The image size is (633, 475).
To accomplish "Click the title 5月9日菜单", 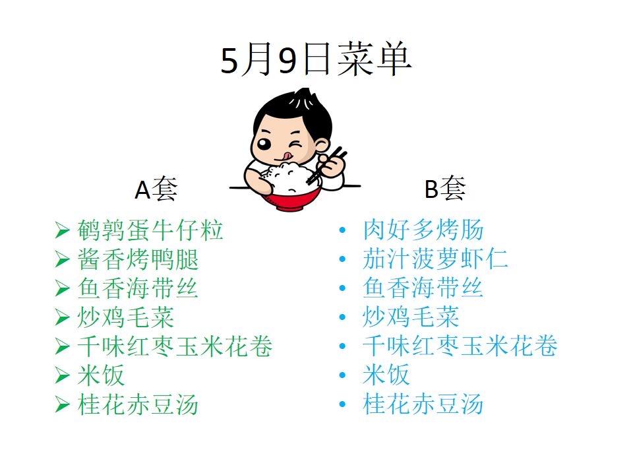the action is (x=316, y=60).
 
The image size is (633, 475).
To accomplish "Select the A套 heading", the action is (x=156, y=189).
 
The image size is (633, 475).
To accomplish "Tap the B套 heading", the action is (x=445, y=188).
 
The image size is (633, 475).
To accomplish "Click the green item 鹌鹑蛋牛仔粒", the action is (x=150, y=230).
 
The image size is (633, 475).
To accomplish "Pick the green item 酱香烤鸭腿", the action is (x=138, y=259).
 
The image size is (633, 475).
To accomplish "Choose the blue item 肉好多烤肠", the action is (x=423, y=230).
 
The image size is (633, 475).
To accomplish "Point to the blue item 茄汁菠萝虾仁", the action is (x=435, y=259).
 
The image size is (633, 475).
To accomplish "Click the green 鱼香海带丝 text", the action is (x=138, y=288).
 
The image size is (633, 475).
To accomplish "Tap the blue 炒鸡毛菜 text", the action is (x=411, y=317).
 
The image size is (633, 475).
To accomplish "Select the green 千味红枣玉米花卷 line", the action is (x=175, y=346).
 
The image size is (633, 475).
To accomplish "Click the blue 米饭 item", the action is (x=386, y=375).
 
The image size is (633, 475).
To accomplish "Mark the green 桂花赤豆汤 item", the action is (x=138, y=404).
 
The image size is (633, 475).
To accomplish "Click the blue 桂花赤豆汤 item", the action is (x=423, y=404).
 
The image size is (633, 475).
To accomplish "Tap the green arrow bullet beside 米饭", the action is (x=62, y=375).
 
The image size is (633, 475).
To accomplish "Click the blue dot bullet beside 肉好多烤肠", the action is (x=343, y=230).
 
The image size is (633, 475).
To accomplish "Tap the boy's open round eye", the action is (x=264, y=144).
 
